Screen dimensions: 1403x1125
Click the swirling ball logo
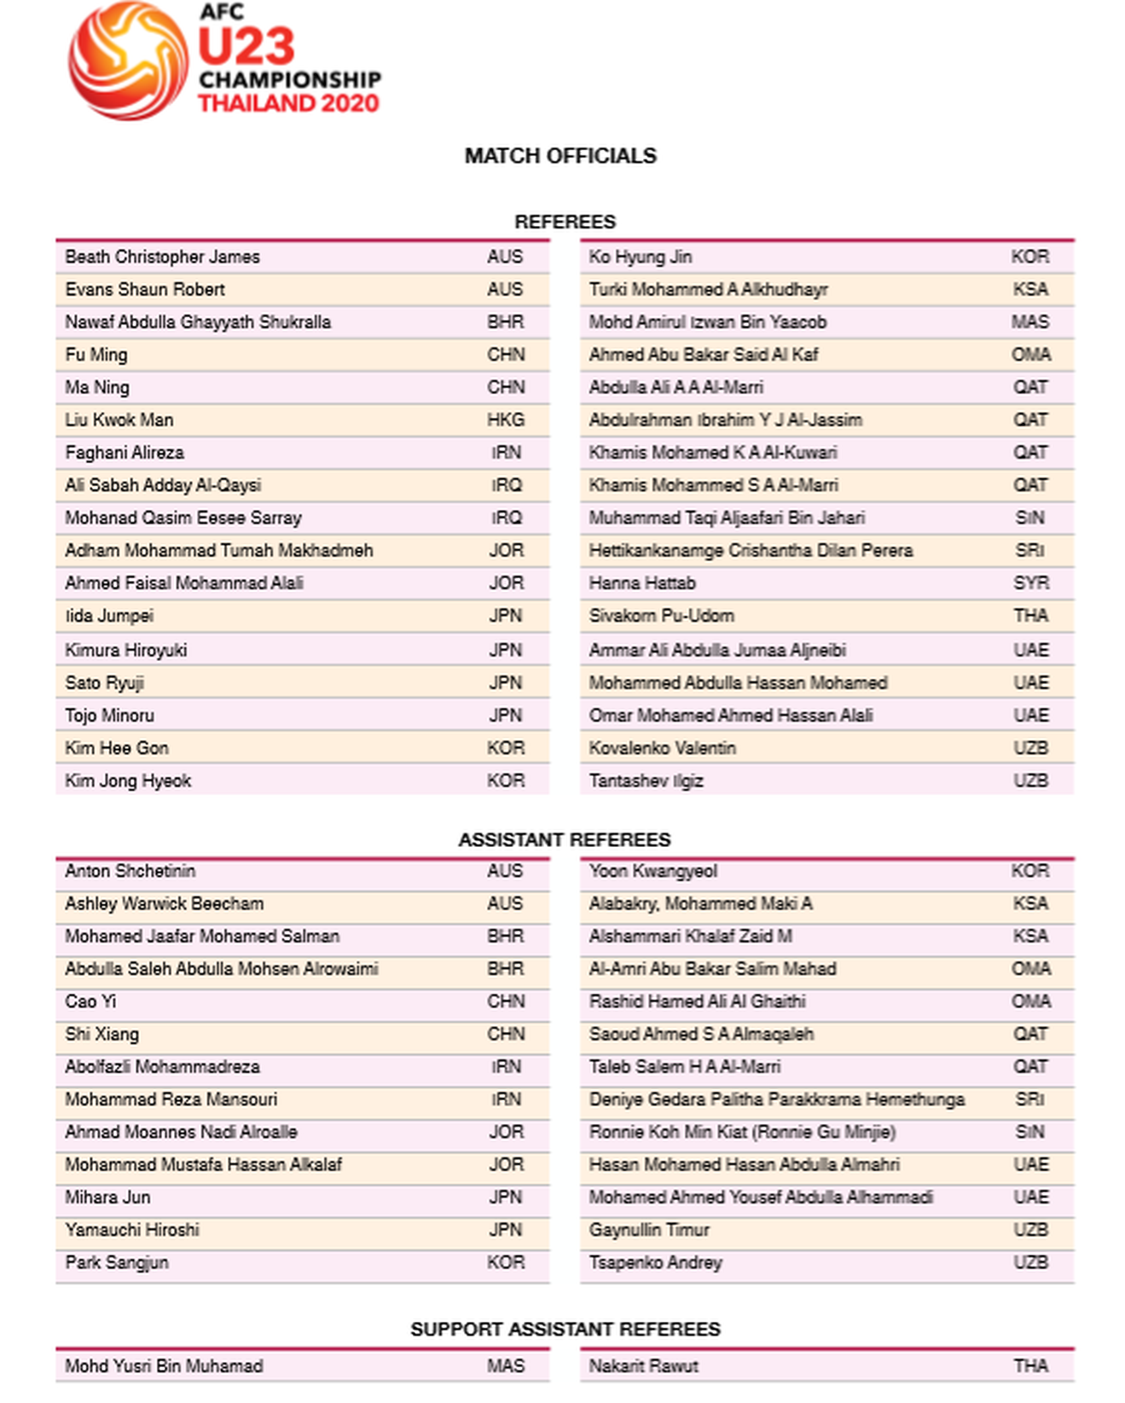point(128,61)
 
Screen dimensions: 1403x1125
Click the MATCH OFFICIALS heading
point(560,156)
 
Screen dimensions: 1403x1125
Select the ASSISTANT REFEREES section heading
point(565,840)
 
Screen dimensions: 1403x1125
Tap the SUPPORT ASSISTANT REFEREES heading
point(565,1330)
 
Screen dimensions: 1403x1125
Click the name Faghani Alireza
point(125,453)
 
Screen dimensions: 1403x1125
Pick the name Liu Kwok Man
point(119,420)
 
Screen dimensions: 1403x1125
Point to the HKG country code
point(506,420)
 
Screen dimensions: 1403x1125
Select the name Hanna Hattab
point(642,583)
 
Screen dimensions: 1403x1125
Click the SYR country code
point(1030,583)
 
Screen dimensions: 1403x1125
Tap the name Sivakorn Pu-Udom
point(661,616)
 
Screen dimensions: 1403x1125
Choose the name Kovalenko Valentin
point(662,748)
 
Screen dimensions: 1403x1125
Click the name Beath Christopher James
point(162,258)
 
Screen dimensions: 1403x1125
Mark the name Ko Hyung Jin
point(640,258)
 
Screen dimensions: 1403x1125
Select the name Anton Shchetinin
point(130,872)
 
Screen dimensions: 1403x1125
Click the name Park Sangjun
point(117,1263)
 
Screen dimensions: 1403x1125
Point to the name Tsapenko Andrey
point(655,1263)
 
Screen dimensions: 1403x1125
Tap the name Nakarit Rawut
point(643,1366)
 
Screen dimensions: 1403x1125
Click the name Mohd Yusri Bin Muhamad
point(164,1366)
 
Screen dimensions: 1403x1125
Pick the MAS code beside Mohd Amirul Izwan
point(1030,322)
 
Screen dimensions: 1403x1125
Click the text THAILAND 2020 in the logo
point(288,104)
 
